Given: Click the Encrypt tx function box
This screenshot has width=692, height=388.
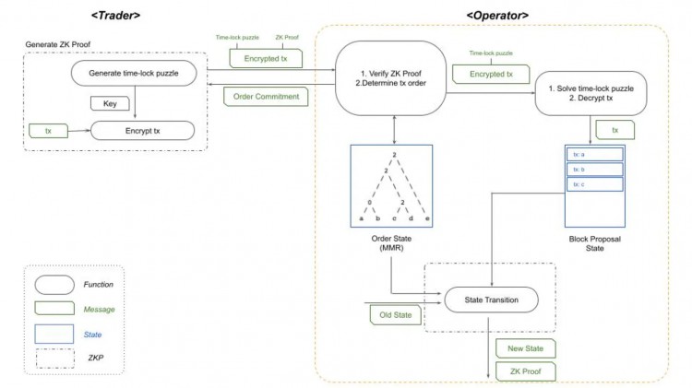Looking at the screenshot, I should point(142,132).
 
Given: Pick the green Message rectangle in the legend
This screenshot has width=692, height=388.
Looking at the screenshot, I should point(56,310).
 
